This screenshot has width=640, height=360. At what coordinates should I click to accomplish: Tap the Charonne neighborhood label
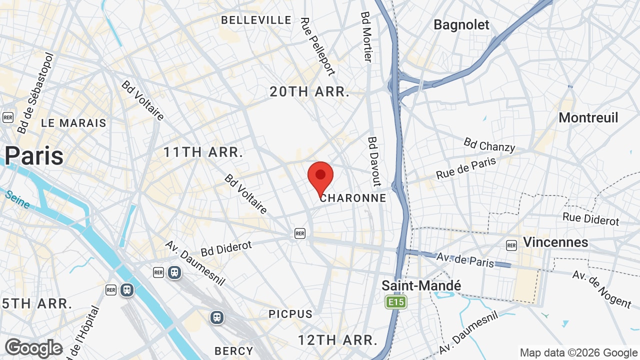tap(353, 198)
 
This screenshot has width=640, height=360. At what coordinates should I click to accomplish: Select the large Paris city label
tap(34, 155)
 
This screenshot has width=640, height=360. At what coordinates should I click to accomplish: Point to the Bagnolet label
tap(461, 24)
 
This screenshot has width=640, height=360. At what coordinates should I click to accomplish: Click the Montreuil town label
tap(588, 117)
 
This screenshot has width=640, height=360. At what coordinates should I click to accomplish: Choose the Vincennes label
tap(555, 242)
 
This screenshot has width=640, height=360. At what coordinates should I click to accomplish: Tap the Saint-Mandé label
tap(421, 285)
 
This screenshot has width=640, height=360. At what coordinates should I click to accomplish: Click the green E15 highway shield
tap(396, 302)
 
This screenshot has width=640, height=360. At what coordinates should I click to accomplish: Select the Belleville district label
tap(256, 20)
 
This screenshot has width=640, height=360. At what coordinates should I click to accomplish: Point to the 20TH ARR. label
tap(309, 92)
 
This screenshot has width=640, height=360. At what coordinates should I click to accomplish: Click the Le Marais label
tap(73, 123)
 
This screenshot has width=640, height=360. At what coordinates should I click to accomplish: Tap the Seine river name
tap(18, 199)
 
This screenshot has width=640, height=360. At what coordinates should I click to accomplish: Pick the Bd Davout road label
tap(374, 161)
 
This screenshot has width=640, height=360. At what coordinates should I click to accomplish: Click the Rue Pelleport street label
tap(317, 46)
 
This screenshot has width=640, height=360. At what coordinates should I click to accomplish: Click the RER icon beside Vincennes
tap(511, 245)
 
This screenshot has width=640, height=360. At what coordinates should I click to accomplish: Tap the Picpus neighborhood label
tap(290, 314)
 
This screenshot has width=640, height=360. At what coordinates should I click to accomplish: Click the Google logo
tap(33, 348)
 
